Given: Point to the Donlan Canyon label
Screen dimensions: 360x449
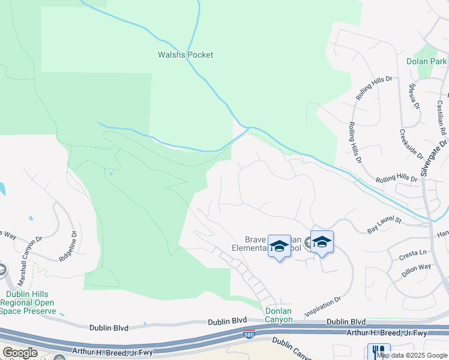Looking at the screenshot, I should tap(279, 315).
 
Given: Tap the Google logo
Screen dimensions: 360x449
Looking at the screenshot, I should tap(20, 352).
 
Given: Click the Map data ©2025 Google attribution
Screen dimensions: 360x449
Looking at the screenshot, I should tap(412, 355).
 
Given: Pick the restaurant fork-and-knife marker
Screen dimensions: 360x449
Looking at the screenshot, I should tap(379, 352).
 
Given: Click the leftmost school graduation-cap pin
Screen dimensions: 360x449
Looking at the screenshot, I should tap(279, 246).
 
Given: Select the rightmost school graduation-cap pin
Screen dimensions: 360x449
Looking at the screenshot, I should tap(322, 242).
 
